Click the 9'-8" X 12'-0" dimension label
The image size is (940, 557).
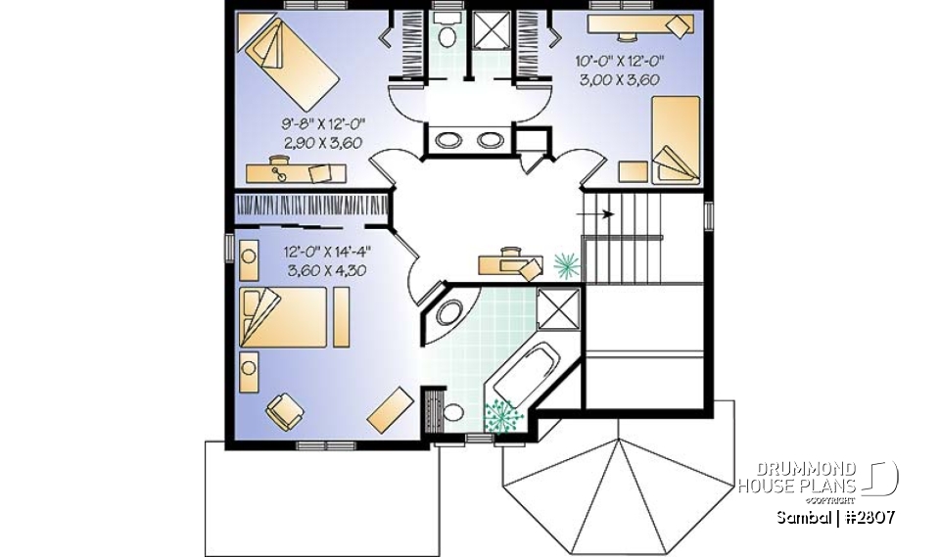(323, 124)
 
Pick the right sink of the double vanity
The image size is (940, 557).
(489, 140)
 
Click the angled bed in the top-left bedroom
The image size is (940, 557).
(289, 56)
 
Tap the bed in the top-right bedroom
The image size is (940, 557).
(675, 139)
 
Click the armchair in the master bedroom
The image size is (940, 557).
(282, 410)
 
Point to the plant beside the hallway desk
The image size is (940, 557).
(567, 263)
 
